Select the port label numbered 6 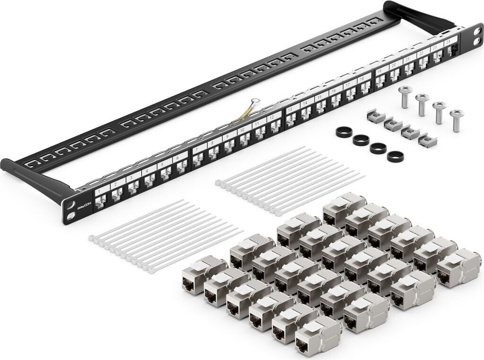pos(177,158)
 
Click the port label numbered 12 pos(271,118)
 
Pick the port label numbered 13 pos(290,110)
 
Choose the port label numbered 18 pos(361,79)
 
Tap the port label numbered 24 pos(448,42)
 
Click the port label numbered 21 pos(407,60)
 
